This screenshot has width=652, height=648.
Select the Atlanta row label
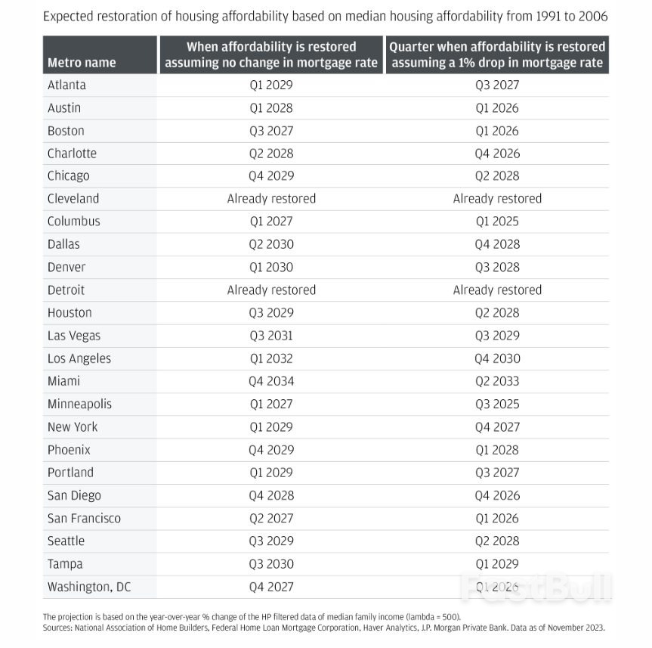point(66,85)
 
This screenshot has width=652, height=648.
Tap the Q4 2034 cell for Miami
point(270,381)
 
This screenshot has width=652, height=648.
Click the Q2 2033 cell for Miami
point(496,381)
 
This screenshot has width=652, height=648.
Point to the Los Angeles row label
point(79,358)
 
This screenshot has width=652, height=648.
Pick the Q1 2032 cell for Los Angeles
point(270,358)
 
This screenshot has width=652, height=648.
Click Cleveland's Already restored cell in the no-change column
point(271,199)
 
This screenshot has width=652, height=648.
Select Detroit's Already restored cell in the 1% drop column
point(496,290)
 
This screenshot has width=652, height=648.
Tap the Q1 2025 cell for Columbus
point(496,222)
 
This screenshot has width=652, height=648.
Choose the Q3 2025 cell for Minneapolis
point(496,404)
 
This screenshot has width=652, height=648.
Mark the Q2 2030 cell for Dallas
point(270,244)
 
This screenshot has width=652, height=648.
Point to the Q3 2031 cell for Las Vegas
point(270,336)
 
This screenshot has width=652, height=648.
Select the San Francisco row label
point(84,518)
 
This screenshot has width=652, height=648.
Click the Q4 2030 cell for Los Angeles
point(496,358)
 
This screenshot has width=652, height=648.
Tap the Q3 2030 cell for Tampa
point(270,564)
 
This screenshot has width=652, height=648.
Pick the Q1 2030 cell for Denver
point(270,267)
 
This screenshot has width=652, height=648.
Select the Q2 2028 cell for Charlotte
point(270,153)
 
